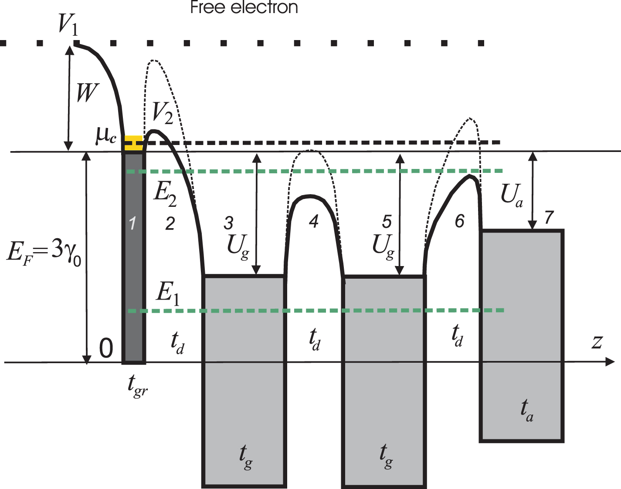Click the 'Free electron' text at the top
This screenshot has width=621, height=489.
pyautogui.click(x=244, y=7)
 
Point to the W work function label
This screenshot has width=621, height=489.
pyautogui.click(x=88, y=93)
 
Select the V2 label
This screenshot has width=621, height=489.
pyautogui.click(x=162, y=114)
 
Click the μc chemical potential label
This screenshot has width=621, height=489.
pyautogui.click(x=106, y=135)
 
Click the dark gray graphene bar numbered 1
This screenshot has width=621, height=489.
pyautogui.click(x=133, y=257)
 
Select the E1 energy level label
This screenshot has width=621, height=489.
pyautogui.click(x=168, y=293)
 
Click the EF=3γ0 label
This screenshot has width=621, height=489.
pyautogui.click(x=44, y=252)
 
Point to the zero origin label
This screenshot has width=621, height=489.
pyautogui.click(x=106, y=348)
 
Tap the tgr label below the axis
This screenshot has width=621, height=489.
pyautogui.click(x=138, y=385)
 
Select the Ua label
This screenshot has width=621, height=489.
pyautogui.click(x=512, y=195)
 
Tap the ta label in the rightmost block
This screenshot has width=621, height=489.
pyautogui.click(x=527, y=410)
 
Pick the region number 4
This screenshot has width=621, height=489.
pyautogui.click(x=313, y=222)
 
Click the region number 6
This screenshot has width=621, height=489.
pyautogui.click(x=459, y=222)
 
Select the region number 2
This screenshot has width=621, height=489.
pyautogui.click(x=170, y=224)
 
